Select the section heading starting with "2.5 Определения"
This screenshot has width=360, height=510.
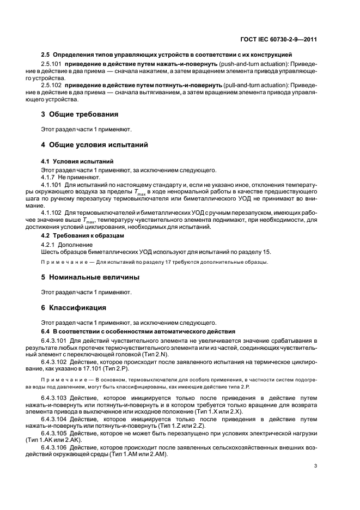pos(167,54)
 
